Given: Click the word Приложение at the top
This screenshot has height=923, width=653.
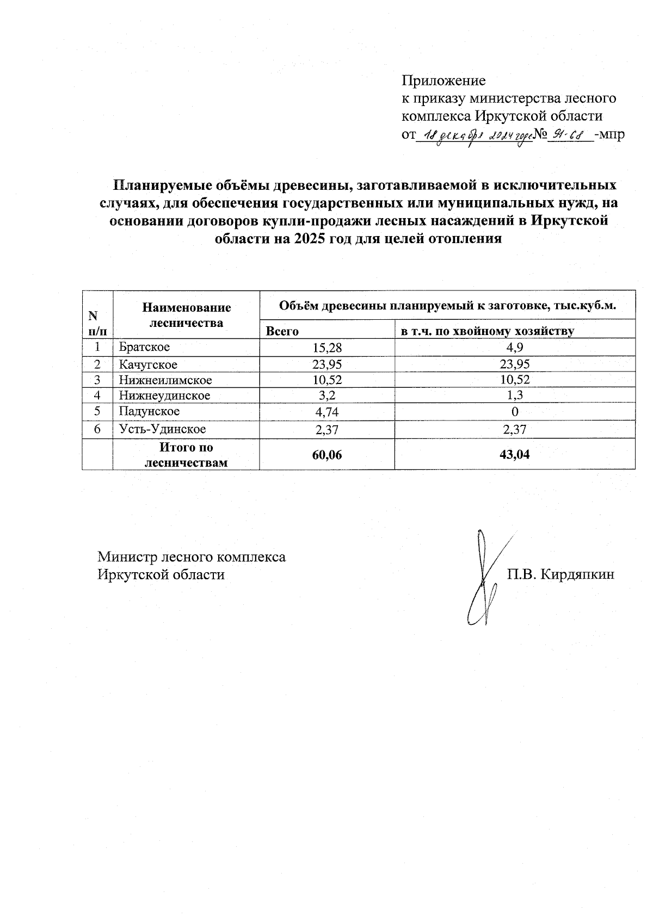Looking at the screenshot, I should (443, 81).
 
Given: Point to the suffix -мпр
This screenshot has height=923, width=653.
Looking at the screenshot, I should (610, 134).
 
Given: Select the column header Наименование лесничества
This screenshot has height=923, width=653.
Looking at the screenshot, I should (186, 315).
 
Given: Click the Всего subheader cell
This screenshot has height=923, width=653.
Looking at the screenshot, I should (282, 331).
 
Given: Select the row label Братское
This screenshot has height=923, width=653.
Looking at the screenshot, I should (145, 347).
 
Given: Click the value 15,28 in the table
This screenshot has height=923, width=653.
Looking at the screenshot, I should (327, 348).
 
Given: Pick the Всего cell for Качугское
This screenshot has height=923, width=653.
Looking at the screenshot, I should (327, 364).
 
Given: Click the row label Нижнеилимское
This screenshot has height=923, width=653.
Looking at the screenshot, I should (165, 380).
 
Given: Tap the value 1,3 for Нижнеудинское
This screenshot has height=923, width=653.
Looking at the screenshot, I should (514, 396).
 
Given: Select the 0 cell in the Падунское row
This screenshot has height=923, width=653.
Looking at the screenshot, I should (514, 412).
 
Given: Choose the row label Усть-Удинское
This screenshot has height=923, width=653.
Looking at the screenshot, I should (162, 429).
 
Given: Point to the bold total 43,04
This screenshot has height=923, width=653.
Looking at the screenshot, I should (514, 455).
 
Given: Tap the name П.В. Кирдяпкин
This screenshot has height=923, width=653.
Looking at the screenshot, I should (561, 574).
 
